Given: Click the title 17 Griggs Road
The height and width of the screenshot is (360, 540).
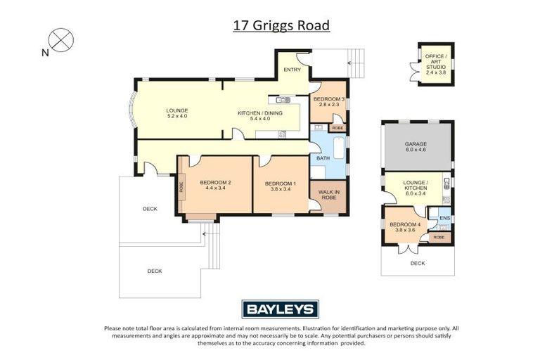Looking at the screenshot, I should pos(281,26).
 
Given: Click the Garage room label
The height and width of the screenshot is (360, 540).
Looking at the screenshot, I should pos(416,146).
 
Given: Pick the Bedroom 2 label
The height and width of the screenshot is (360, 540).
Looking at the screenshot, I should pos(215,186).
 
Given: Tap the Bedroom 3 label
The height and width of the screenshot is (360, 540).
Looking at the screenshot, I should pos(329,102).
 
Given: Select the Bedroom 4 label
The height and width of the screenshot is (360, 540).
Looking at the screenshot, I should pos(402,227).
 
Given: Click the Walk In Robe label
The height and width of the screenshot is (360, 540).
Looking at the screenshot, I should pos(328,195).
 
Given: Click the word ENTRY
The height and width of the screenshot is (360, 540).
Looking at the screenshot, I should pos(291,70).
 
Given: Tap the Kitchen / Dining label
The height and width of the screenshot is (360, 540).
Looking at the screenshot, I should pos(260,116).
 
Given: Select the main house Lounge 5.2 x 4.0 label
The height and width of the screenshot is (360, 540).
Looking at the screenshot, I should pos(176,112).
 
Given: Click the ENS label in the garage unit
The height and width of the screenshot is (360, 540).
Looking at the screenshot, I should pos(444,219).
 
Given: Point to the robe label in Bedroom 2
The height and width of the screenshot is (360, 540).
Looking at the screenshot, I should pos(181,187).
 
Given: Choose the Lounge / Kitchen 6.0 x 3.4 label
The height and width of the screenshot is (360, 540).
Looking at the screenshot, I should pos(416,186).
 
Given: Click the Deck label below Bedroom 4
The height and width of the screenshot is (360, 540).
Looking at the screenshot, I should pos(418,263).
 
